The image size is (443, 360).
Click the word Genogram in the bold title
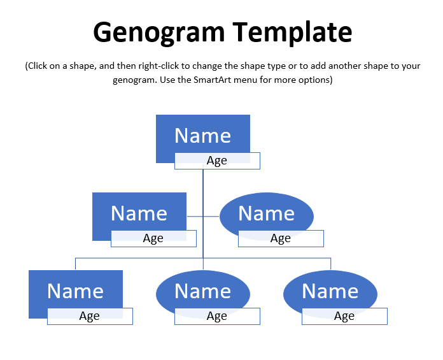(x=158, y=32)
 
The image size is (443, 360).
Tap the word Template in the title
(x=292, y=32)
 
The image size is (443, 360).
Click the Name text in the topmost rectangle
(x=203, y=136)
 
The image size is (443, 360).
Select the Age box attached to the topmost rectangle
(x=217, y=161)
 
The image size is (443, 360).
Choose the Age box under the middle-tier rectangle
(x=153, y=238)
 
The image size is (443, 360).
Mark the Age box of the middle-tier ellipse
(x=281, y=238)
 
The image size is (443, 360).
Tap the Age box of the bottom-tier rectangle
(x=90, y=316)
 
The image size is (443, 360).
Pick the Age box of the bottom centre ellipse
(x=217, y=316)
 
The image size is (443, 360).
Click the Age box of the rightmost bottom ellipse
(x=345, y=316)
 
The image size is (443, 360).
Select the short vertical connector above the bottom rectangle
(x=76, y=264)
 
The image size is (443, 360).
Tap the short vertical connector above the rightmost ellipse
(x=330, y=264)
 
